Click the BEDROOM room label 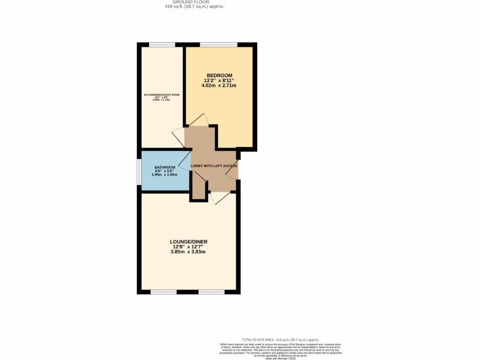[x=219, y=75]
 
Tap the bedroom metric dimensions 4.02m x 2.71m [x=219, y=86]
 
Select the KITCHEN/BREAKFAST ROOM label [x=162, y=95]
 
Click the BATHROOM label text [x=165, y=167]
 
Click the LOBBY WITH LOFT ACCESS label [x=214, y=166]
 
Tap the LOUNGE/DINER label [x=188, y=242]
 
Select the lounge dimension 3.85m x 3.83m [x=188, y=252]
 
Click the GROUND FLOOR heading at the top [x=194, y=2]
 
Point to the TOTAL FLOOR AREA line [x=280, y=339]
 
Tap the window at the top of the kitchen [x=162, y=45]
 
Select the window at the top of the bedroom [x=218, y=45]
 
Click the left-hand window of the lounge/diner [x=164, y=292]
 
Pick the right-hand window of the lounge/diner [x=211, y=292]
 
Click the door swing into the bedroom [x=198, y=120]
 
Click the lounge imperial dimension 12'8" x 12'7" [x=188, y=247]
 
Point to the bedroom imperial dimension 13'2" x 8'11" [x=219, y=81]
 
